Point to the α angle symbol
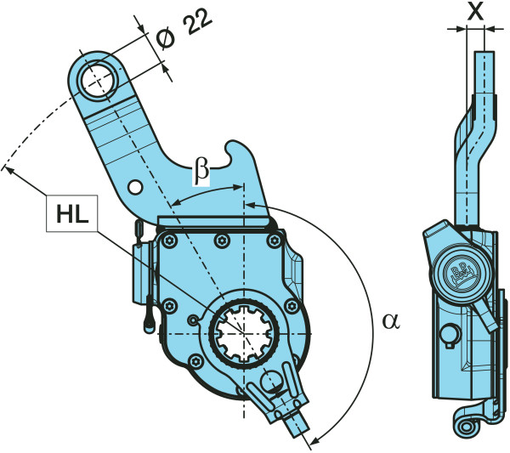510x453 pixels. coord(390,321)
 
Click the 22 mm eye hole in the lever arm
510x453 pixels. coord(99,81)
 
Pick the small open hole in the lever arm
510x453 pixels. coord(133,186)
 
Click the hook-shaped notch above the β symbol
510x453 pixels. coord(229,153)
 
